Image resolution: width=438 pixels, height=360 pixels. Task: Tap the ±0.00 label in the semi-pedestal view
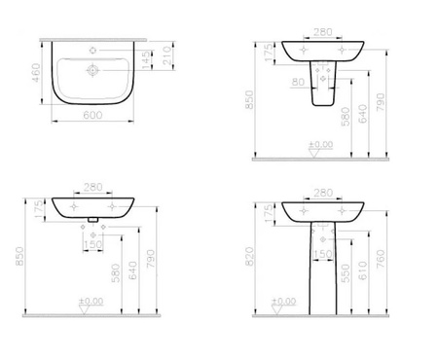319,145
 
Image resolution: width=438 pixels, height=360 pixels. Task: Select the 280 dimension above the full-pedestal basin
324,193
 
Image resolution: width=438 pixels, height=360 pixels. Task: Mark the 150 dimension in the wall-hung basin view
95,242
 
